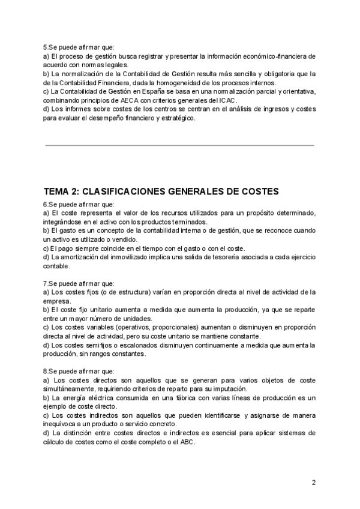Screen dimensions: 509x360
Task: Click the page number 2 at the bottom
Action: coord(313,482)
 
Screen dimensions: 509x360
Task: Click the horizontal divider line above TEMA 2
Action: coord(179,145)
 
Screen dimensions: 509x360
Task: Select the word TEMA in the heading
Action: coord(58,191)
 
